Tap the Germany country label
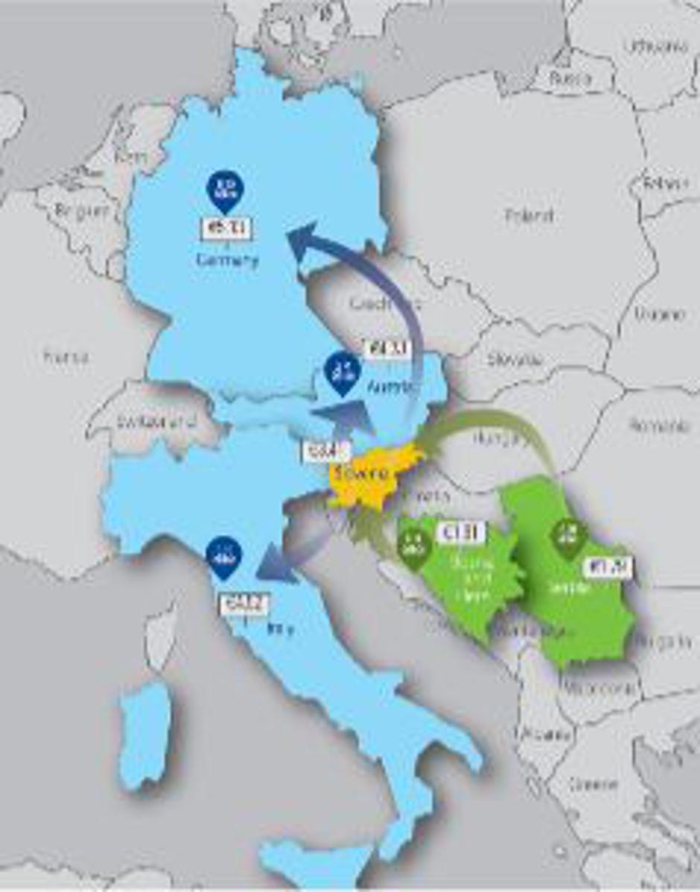point(227,261)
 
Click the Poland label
point(529,216)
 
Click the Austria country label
point(392,388)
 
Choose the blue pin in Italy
point(223,557)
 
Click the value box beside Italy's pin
point(243,604)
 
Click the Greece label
point(593,784)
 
